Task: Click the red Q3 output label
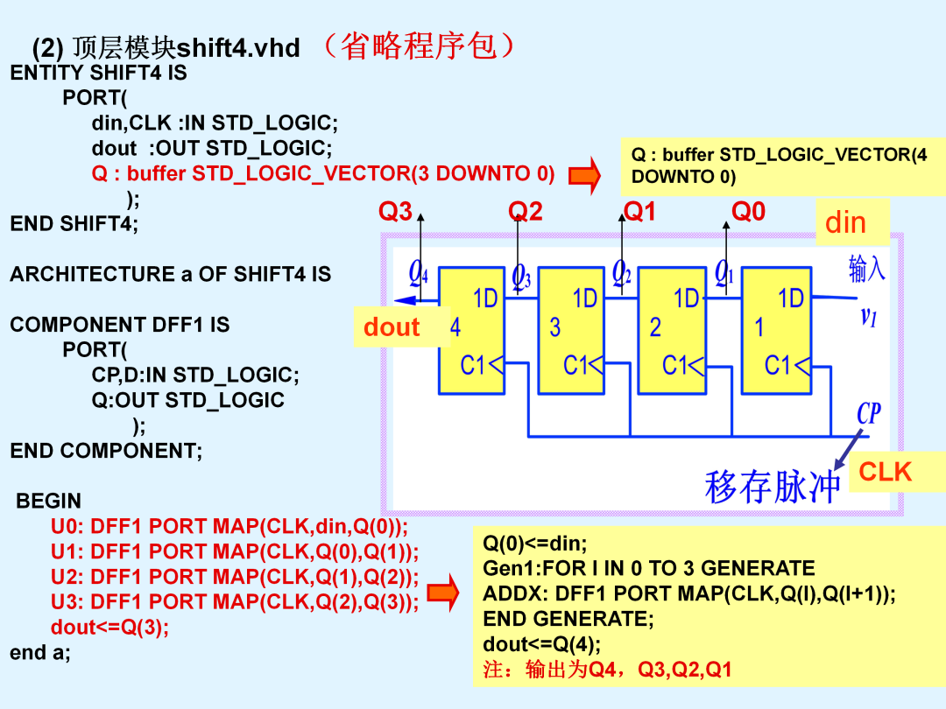395,212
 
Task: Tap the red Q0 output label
748,212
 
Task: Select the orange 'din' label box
852,222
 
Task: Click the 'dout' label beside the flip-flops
392,326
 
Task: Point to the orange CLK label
885,472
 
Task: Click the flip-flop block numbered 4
472,330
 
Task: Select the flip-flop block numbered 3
571,330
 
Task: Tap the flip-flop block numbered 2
672,330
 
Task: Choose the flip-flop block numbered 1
776,330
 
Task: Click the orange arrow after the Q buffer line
584,175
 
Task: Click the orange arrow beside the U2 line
443,593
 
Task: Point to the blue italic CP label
869,413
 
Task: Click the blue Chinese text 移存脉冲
773,487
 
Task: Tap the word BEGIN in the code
48,501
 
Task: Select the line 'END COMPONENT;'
106,451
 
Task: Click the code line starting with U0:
229,527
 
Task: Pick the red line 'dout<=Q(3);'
109,628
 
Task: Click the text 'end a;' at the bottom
39,652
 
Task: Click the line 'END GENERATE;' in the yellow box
568,619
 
